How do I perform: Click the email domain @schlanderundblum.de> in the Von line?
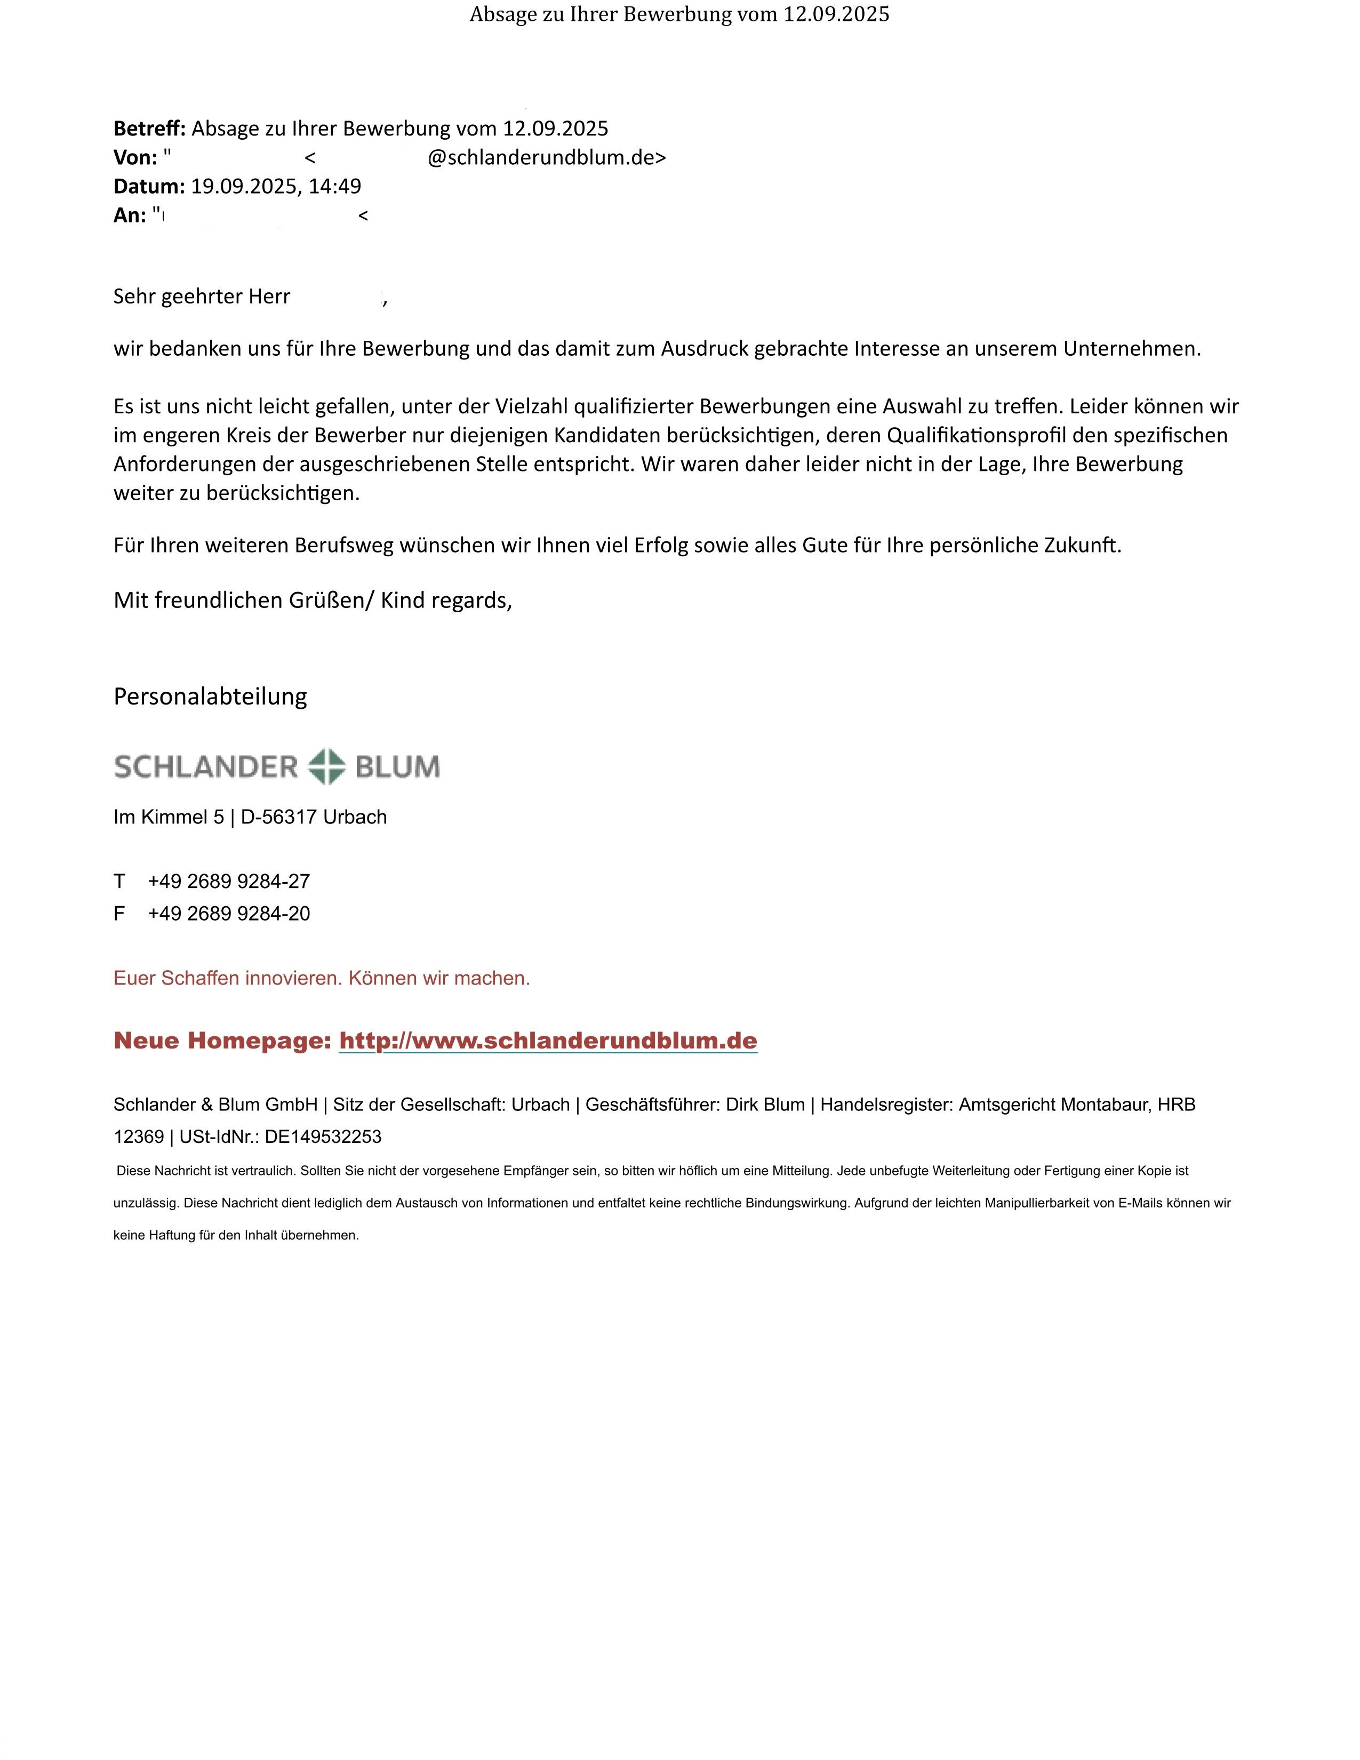tap(546, 158)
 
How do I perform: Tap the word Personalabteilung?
tap(210, 696)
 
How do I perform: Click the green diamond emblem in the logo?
tap(327, 766)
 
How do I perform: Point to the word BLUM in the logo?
tap(397, 766)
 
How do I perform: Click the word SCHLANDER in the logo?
tap(206, 766)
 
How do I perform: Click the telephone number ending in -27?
tap(229, 882)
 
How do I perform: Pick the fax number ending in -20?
tap(229, 914)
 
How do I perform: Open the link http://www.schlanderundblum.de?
tap(548, 1041)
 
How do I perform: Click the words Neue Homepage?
tap(222, 1041)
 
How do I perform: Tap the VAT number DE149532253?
tap(323, 1137)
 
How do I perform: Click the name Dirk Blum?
tap(765, 1105)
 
